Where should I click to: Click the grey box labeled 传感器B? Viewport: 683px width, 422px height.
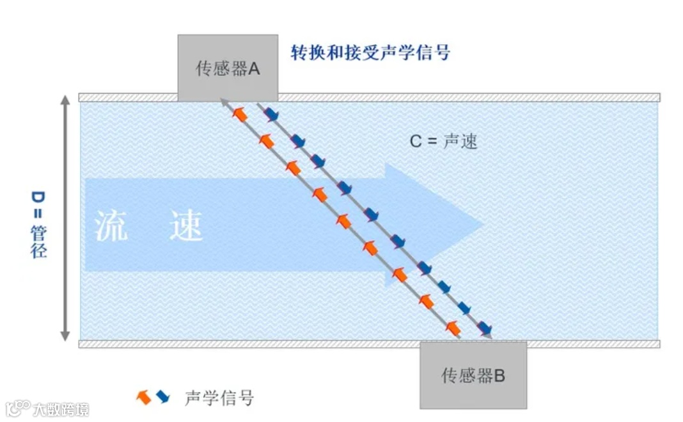(473, 375)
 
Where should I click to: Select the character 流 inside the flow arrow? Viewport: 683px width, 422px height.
(111, 226)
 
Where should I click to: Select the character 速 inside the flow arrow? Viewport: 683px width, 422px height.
(186, 226)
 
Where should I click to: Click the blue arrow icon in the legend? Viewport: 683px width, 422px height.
(162, 397)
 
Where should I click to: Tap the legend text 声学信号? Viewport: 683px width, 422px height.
(219, 398)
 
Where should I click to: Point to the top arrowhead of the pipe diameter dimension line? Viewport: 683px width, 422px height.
(65, 102)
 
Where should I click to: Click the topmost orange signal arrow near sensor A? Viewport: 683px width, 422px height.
(240, 115)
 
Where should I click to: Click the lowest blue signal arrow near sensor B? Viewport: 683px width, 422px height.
(485, 327)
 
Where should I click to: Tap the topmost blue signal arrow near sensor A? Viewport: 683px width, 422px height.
(272, 115)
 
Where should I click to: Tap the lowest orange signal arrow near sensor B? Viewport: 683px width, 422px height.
(453, 328)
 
